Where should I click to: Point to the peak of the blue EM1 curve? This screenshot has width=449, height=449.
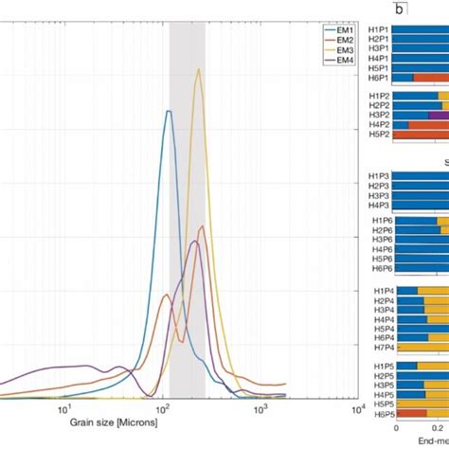pyautogui.click(x=169, y=111)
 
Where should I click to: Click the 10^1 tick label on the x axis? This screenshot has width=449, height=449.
pyautogui.click(x=64, y=409)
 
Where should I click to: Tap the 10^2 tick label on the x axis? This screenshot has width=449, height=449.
pyautogui.click(x=162, y=409)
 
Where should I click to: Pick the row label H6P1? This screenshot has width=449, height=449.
pyautogui.click(x=378, y=78)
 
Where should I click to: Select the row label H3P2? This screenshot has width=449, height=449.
pyautogui.click(x=378, y=115)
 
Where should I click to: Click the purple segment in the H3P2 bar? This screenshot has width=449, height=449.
pyautogui.click(x=438, y=115)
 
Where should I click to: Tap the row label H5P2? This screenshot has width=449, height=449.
pyautogui.click(x=378, y=135)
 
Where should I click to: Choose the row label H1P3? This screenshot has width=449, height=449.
pyautogui.click(x=378, y=175)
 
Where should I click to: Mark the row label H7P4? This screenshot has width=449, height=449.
pyautogui.click(x=378, y=348)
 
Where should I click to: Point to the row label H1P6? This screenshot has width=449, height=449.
pyautogui.click(x=378, y=220)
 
